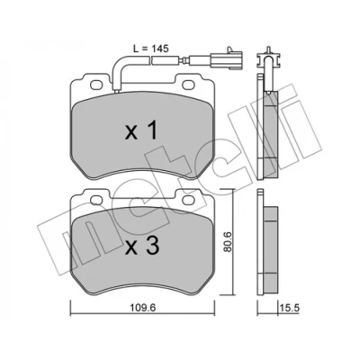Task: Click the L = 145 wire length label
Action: (x=151, y=49)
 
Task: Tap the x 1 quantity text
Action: (x=141, y=131)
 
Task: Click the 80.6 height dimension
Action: (x=228, y=242)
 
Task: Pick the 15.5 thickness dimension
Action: (x=290, y=308)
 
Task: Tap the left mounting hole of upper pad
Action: (x=96, y=85)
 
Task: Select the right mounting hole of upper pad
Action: (x=188, y=85)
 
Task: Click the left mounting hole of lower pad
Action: (x=96, y=200)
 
